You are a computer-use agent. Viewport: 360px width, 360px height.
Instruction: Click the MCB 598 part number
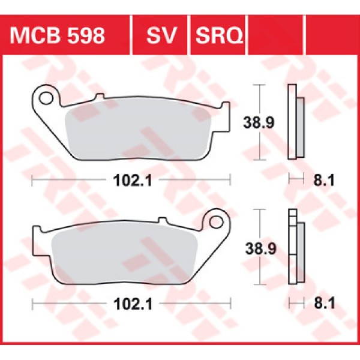coord(58,36)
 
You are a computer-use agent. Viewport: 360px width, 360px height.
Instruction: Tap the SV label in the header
coord(160,36)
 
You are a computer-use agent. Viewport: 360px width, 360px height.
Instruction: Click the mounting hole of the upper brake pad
coord(44,96)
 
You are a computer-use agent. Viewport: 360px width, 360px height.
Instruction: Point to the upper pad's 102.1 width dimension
coord(130,178)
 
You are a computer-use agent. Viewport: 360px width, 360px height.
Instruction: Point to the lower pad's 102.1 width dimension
coord(130,304)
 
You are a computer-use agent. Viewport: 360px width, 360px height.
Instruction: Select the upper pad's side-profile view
coord(296,122)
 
